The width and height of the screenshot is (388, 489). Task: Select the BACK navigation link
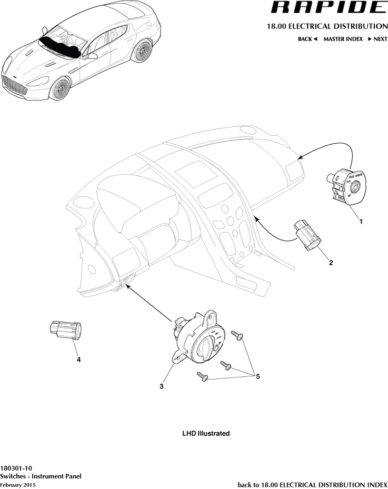pos(308,39)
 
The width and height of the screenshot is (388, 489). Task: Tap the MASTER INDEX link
pos(343,39)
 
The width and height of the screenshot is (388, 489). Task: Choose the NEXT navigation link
pos(377,39)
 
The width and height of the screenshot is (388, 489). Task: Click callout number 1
pos(361,222)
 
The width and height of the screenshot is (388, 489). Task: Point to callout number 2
pos(331,263)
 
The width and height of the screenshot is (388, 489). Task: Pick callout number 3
pos(162,386)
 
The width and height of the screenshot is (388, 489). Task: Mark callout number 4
pos(78,360)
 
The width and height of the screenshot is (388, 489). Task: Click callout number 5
pos(257,376)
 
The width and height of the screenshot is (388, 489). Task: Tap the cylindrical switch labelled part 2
pos(308,236)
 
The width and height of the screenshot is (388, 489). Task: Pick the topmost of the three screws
pos(236,335)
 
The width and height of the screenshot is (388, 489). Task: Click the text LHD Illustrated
pos(206,434)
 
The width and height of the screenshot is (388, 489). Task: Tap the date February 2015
pos(18,484)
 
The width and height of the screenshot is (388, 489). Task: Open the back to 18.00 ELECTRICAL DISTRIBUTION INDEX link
pos(313,484)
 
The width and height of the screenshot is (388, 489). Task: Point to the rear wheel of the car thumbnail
pos(141,51)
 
